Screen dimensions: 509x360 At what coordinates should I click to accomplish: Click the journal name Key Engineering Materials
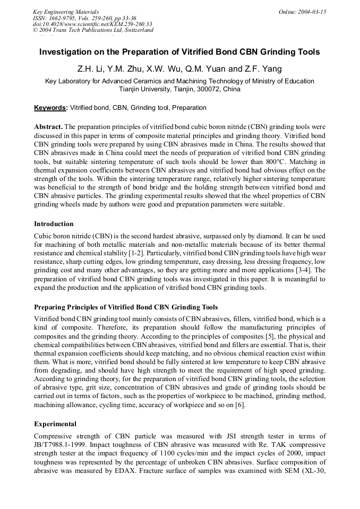point(66,12)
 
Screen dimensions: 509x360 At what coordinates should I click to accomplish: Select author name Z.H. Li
point(90,69)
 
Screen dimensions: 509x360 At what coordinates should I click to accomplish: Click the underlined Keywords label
point(50,108)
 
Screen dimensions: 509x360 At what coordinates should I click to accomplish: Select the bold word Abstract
point(48,127)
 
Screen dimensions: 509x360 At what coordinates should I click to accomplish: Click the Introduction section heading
point(54,223)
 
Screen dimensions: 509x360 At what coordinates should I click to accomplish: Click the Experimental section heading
point(55,424)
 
